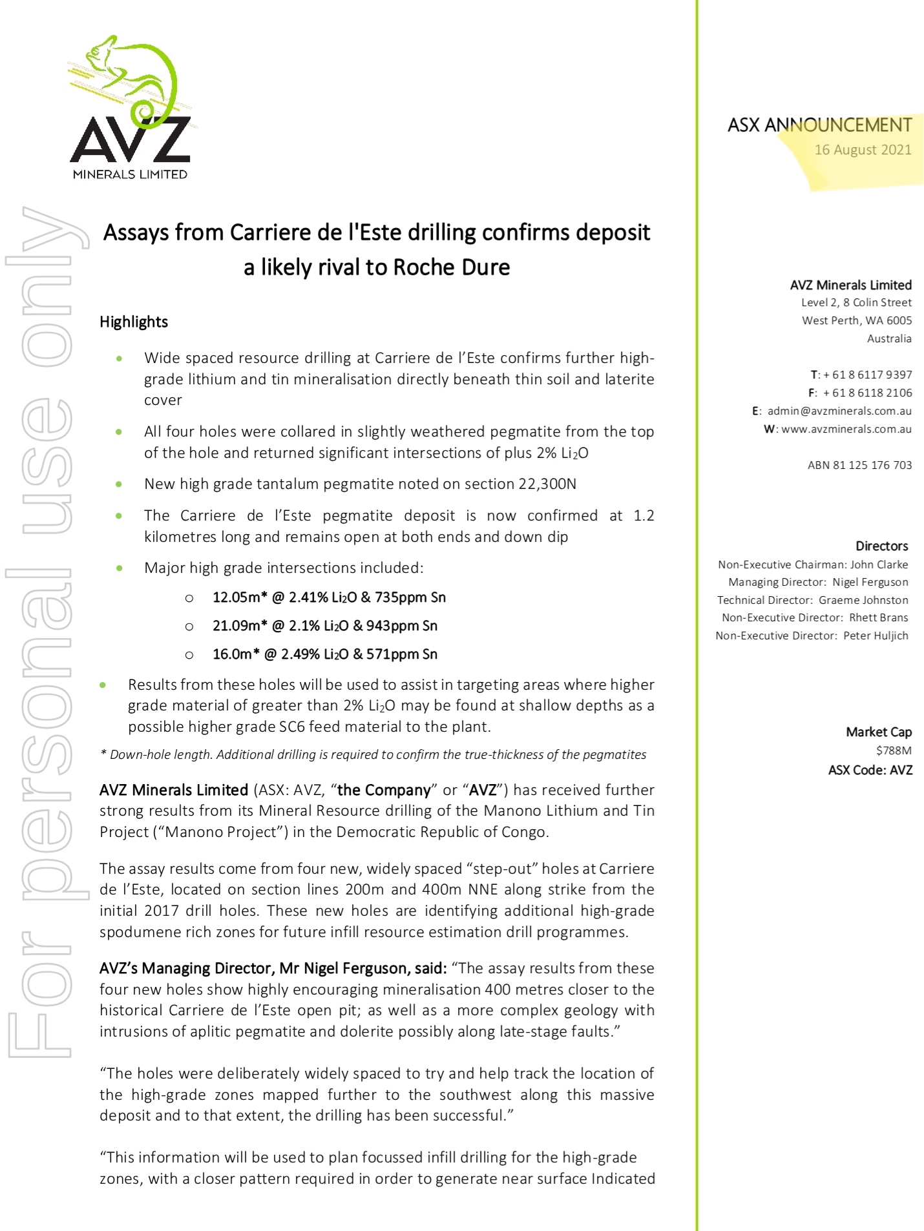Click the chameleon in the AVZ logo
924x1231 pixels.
tap(132, 78)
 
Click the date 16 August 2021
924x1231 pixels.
tap(863, 150)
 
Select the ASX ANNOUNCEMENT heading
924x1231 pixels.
tap(819, 125)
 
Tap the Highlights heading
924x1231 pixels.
tap(134, 322)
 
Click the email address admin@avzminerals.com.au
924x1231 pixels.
tap(839, 411)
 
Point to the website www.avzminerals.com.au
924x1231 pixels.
tap(846, 429)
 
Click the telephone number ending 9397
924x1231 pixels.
tap(867, 375)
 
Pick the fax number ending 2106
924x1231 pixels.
tap(867, 393)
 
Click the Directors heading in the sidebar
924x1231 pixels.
tap(881, 546)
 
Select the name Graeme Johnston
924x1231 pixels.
tap(863, 600)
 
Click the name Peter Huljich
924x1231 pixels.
tap(876, 636)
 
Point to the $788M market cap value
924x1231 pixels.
tap(894, 750)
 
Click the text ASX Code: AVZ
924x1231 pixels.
tap(870, 770)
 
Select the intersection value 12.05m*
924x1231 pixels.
tap(240, 597)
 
